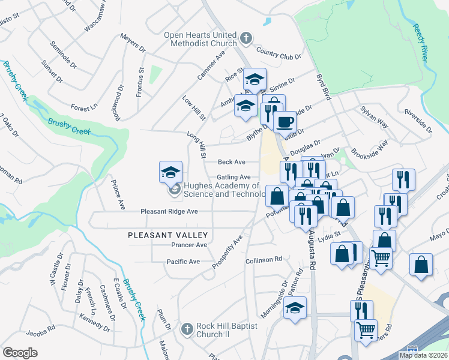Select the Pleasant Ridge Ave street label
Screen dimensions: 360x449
click(169, 212)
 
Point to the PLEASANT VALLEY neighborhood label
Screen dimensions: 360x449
click(167, 236)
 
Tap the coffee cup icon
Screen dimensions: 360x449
click(284, 122)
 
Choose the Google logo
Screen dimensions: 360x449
click(20, 353)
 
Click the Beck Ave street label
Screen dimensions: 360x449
click(232, 162)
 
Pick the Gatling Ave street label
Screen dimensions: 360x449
click(234, 177)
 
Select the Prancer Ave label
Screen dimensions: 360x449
click(189, 245)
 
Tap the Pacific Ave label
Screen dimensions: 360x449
click(183, 262)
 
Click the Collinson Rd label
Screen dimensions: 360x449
click(264, 260)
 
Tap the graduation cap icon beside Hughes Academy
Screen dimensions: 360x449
click(170, 172)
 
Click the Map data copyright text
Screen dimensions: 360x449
click(423, 355)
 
